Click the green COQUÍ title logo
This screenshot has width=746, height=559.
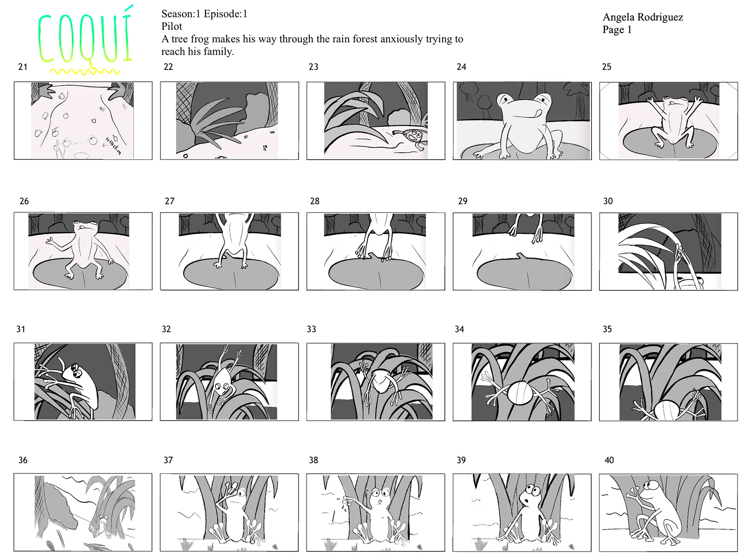coord(85,37)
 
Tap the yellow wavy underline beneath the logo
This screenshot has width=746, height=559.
coord(85,71)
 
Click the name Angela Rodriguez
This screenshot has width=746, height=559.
coord(643,17)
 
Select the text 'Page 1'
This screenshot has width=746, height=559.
coord(617,30)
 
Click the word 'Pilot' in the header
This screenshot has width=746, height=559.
coord(172,26)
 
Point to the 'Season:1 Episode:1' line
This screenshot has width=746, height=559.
coord(204,14)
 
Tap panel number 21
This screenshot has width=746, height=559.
coord(23,67)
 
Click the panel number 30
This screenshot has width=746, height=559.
coord(608,201)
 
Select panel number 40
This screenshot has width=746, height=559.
coord(609,460)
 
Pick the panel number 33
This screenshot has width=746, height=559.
coord(312,329)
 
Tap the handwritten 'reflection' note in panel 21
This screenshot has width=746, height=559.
coord(113,146)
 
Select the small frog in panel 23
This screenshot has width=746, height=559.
coord(413,138)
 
